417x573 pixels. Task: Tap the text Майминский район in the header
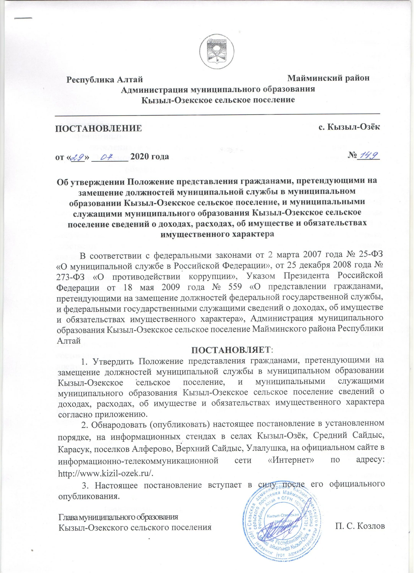329,78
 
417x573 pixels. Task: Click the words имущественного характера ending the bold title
217,234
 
